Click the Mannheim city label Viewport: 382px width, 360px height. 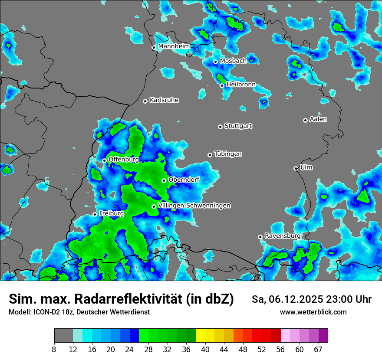click(x=174, y=46)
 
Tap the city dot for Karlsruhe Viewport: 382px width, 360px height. click(x=145, y=101)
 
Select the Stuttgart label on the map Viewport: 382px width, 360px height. click(x=238, y=126)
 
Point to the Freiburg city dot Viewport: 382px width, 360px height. click(x=95, y=214)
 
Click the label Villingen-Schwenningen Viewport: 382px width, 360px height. click(x=194, y=206)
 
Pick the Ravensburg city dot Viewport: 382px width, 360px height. click(x=260, y=237)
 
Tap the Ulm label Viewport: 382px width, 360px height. click(x=306, y=167)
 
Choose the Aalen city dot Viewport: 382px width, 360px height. click(x=305, y=120)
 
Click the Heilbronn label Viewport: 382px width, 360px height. click(x=241, y=85)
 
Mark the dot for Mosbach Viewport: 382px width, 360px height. click(x=215, y=62)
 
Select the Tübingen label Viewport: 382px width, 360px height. click(x=228, y=154)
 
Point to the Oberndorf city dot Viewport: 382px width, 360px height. click(x=164, y=180)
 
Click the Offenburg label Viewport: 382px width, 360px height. click(x=124, y=160)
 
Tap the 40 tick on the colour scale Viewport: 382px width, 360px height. click(x=205, y=349)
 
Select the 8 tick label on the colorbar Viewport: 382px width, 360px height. click(x=54, y=349)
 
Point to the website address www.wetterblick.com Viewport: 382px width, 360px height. click(x=313, y=312)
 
